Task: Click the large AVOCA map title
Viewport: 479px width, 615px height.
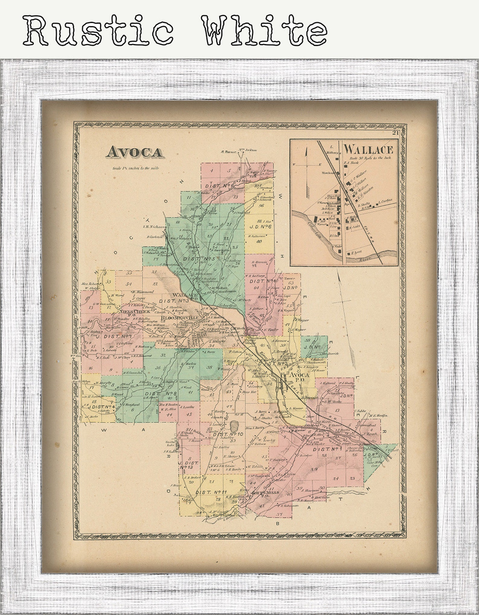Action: [x=134, y=152]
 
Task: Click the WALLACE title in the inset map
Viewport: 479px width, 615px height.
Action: [x=369, y=149]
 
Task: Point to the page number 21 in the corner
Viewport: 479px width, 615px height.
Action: [x=395, y=133]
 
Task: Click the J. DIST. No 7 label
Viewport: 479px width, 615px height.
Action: [x=116, y=336]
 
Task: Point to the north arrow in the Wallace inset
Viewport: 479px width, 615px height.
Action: [x=306, y=169]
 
